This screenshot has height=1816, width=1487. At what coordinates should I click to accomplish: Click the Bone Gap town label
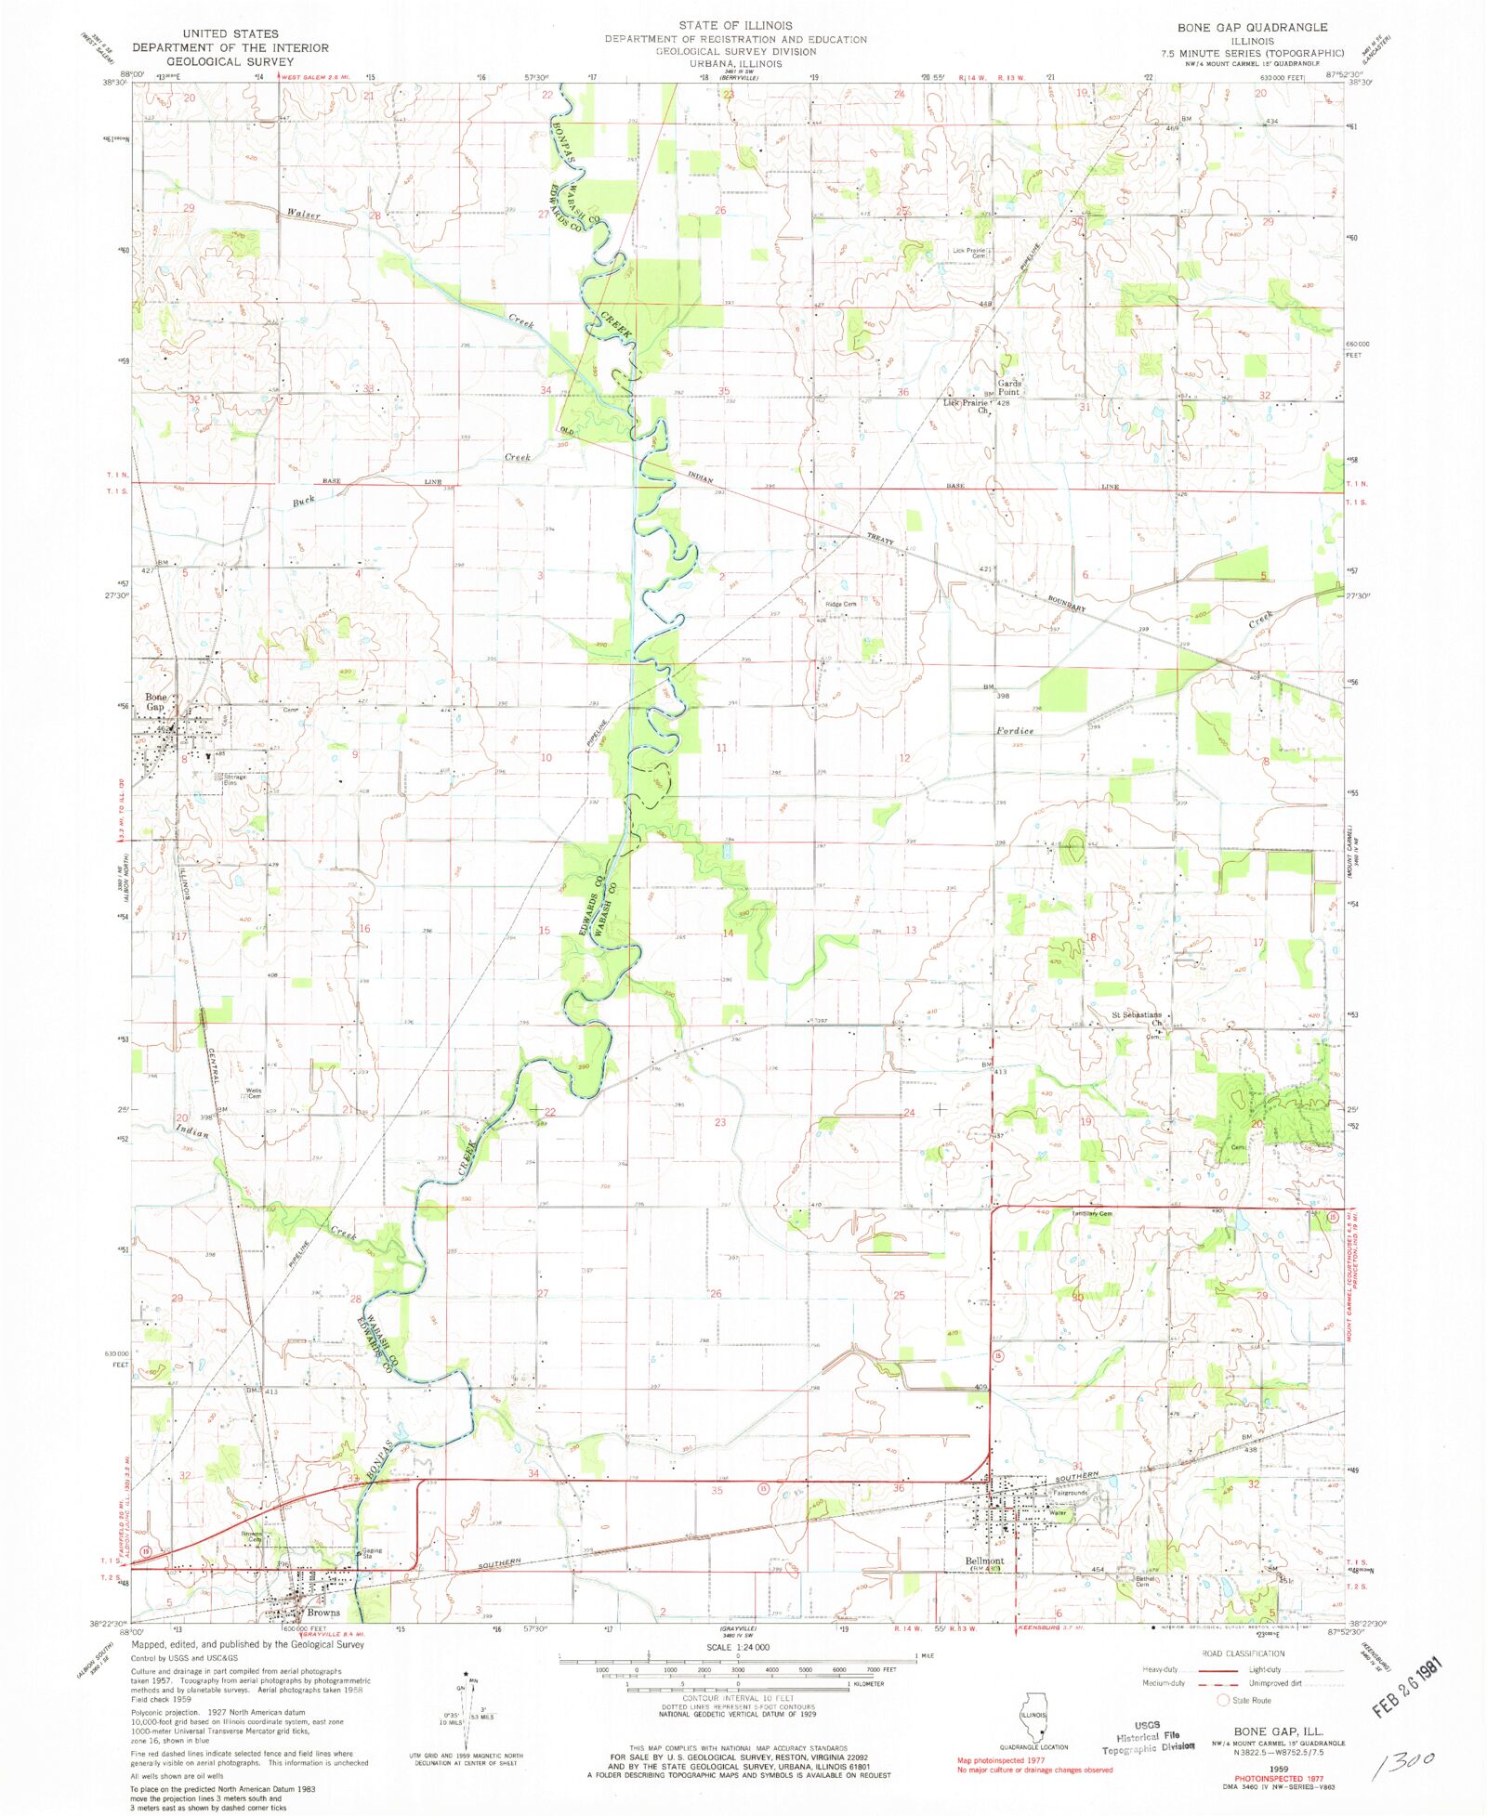155,701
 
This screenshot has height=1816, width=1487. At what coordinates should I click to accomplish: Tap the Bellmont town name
984,1561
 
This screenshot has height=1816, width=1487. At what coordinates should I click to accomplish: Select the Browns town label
323,1613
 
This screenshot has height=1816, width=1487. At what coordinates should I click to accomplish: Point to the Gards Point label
1009,387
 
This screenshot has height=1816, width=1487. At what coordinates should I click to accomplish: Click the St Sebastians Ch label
1138,1018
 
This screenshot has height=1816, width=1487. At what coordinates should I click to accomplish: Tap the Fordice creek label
1015,730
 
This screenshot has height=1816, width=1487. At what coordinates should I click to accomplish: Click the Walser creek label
303,216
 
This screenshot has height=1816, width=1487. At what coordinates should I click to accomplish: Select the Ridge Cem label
840,604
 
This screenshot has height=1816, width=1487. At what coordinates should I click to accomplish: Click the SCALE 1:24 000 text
738,1647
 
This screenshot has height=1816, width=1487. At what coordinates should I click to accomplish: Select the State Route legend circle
1223,1700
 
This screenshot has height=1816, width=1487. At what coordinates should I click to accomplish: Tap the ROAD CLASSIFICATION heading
1243,1653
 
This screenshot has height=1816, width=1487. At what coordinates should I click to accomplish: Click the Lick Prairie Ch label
967,406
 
